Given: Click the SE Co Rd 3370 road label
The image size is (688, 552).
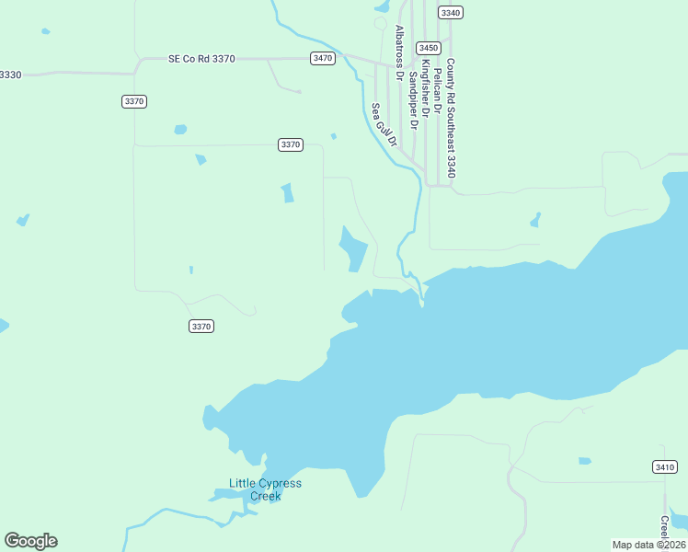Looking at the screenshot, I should tap(201, 58).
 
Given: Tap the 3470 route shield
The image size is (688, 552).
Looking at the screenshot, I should tap(322, 58).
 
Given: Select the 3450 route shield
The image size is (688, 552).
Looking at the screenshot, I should tap(428, 48).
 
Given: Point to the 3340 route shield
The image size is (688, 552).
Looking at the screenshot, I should tap(451, 12).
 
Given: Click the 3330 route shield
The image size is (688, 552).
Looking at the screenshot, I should tap(9, 74).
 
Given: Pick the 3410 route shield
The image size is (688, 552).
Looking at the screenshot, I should tap(664, 467).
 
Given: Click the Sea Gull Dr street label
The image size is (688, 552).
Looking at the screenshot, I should tap(384, 125).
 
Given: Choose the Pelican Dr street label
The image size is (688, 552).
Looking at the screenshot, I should tap(438, 86).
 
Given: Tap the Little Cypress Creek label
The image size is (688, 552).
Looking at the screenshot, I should tap(265, 489).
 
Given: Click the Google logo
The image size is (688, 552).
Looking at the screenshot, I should tap(30, 541).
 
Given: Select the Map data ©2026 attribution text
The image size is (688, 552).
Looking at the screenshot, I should tap(648, 545).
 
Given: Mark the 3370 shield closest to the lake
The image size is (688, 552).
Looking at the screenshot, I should tap(201, 326).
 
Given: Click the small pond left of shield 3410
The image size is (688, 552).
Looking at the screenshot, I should tap(584, 461).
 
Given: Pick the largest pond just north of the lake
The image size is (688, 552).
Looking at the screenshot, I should tap(353, 249).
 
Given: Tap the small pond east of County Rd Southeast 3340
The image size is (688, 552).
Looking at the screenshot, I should tap(534, 221).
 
